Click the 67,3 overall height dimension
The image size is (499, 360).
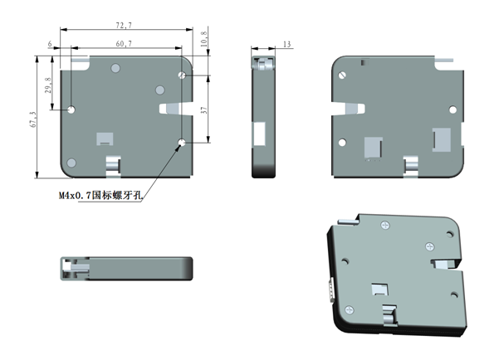click(32, 119)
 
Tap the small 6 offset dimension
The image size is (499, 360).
click(51, 43)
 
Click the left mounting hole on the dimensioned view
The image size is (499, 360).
click(72, 109)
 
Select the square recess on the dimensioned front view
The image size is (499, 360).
click(105, 139)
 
